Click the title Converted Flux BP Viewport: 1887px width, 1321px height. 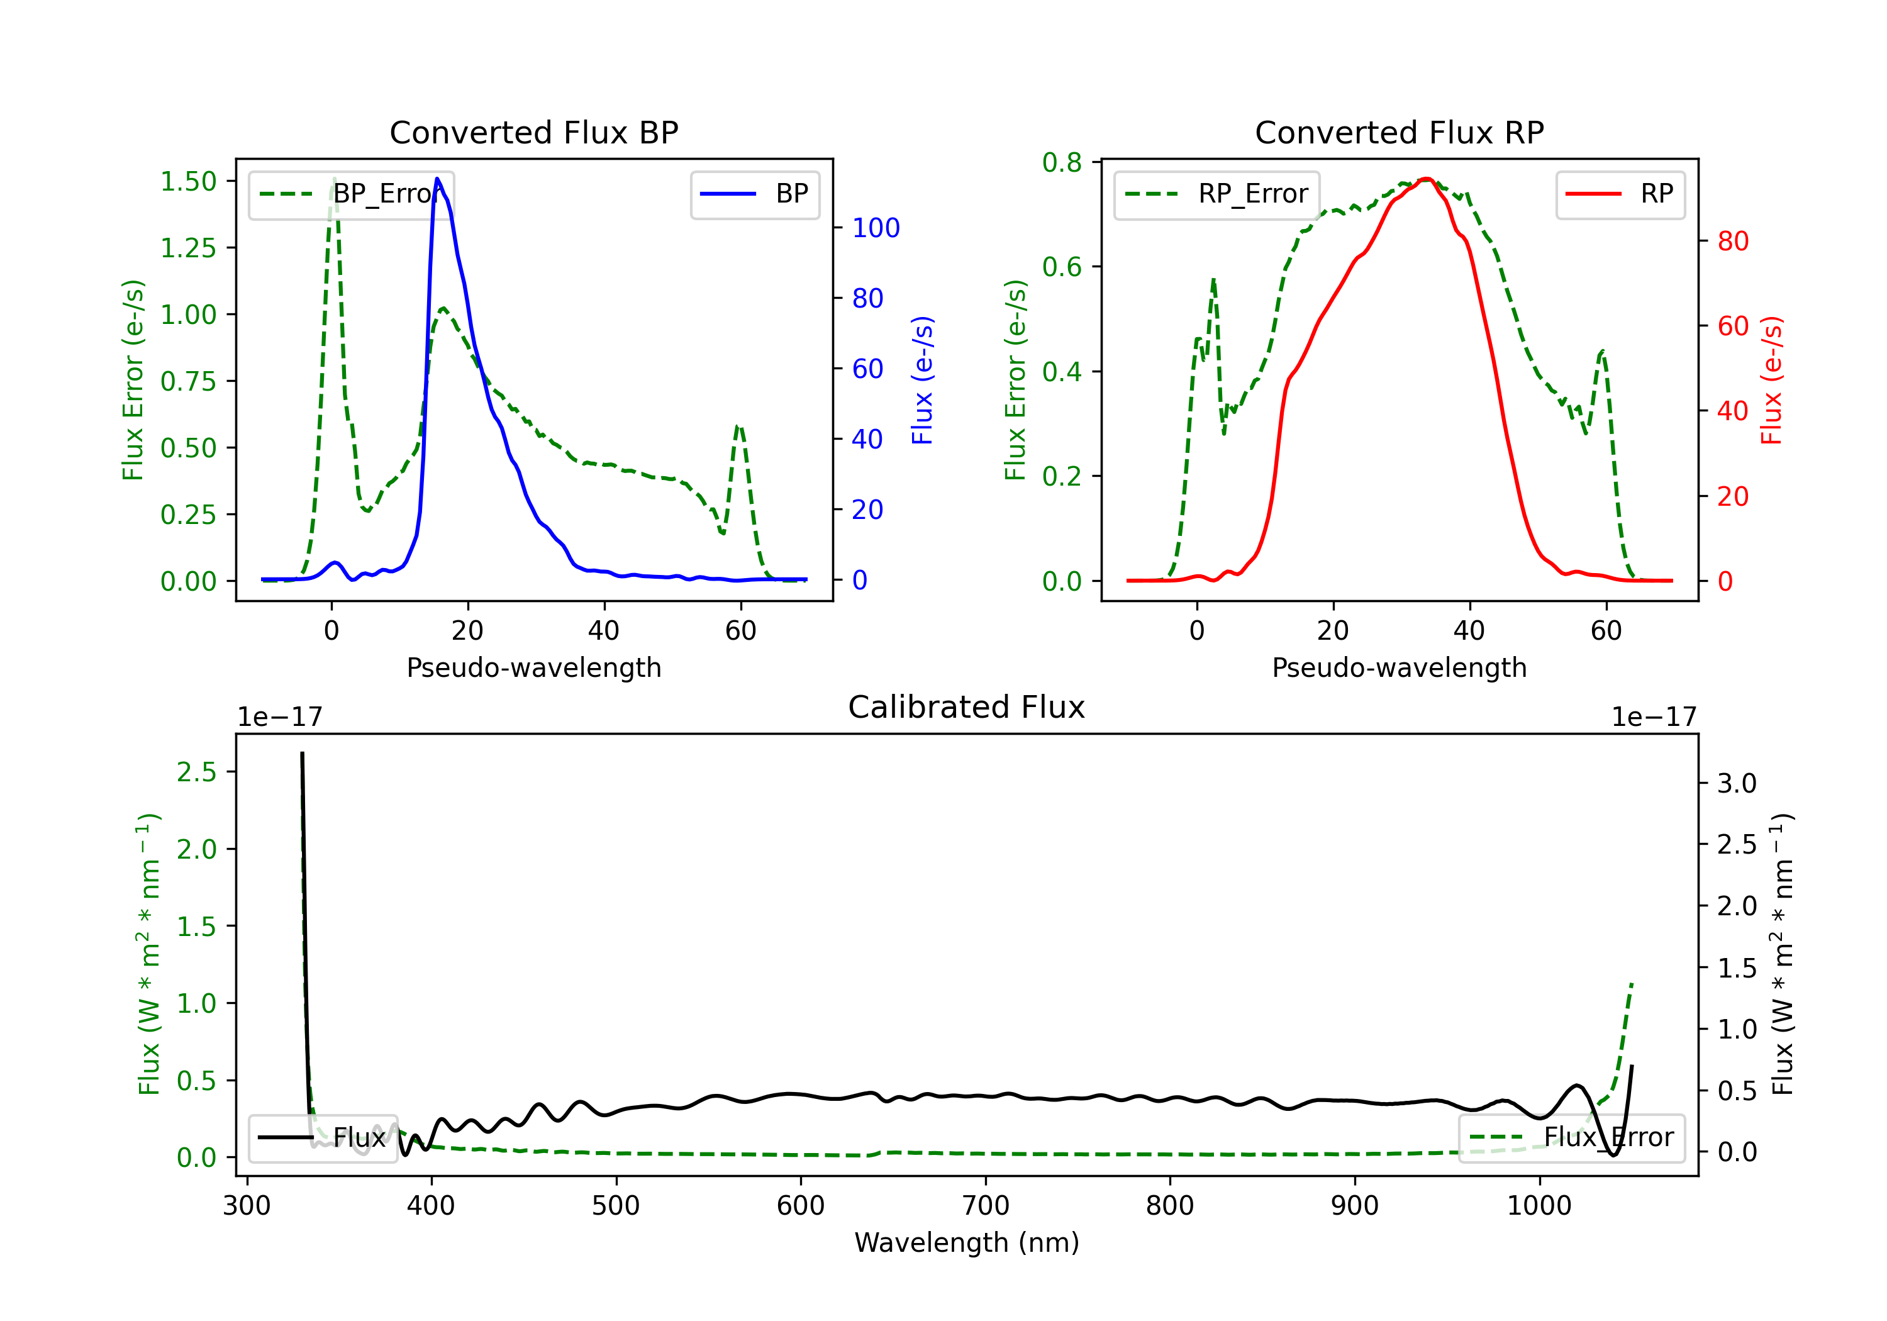coord(533,132)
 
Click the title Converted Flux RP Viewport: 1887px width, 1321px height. coord(1399,132)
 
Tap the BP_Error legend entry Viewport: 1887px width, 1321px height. coord(352,194)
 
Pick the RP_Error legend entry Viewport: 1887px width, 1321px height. coord(1216,194)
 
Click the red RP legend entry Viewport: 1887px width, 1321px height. coord(1620,194)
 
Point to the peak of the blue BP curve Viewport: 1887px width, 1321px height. coord(437,179)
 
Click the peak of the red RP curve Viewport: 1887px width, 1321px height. coord(1427,179)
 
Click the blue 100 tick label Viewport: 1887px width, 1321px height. coord(876,228)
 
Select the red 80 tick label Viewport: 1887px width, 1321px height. coord(1732,241)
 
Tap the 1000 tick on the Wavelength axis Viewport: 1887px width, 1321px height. coord(1539,1205)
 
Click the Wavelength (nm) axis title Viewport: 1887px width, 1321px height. coord(967,1242)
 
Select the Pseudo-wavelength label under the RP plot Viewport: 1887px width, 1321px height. coord(1399,667)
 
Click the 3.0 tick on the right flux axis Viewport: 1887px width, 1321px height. coord(1737,783)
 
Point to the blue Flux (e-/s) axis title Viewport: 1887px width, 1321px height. coord(923,380)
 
